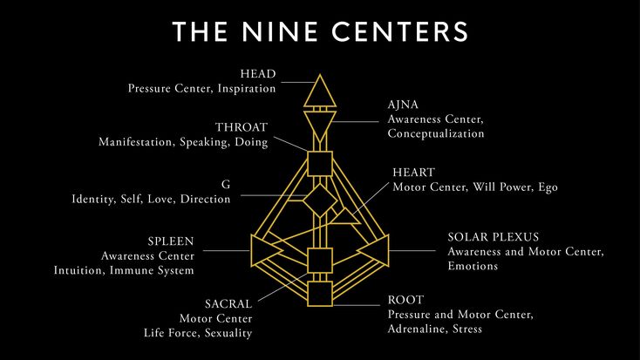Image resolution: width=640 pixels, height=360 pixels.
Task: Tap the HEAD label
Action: coord(258,74)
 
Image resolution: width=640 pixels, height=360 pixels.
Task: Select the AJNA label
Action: coord(403,105)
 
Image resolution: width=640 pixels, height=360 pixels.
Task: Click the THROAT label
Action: coord(242,127)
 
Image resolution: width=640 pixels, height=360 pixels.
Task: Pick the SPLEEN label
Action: coord(171,241)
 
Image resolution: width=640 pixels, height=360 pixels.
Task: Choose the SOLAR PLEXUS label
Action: coord(493,237)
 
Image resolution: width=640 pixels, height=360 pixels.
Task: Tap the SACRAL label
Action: coord(228,304)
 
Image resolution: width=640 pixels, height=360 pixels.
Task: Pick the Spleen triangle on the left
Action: coord(253,251)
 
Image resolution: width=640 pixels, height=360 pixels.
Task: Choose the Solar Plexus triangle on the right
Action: coord(387,251)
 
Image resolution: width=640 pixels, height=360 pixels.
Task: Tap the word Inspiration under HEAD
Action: coord(247,89)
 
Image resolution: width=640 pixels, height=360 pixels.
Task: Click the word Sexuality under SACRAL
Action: coord(228,333)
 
